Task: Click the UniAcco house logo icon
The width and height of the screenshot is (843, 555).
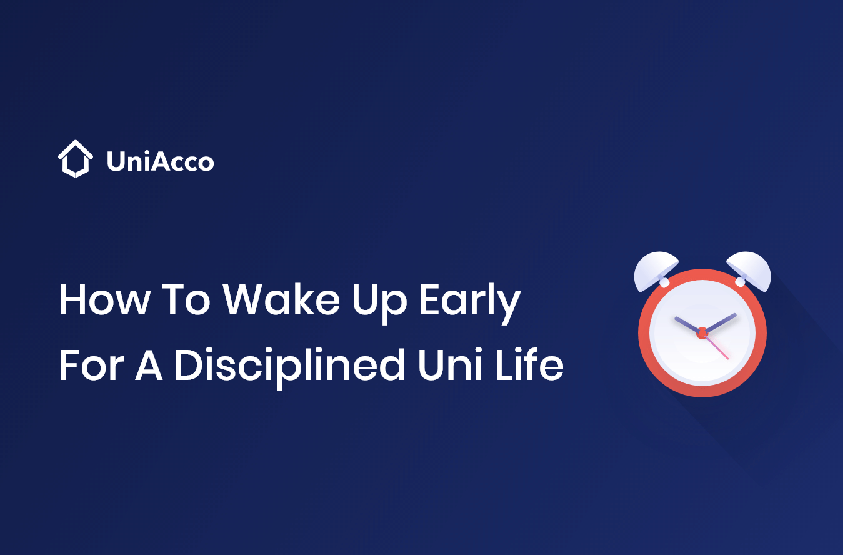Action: pyautogui.click(x=75, y=159)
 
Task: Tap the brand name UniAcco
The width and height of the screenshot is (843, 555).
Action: pyautogui.click(x=160, y=162)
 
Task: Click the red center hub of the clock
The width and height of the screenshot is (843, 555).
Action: pyautogui.click(x=702, y=332)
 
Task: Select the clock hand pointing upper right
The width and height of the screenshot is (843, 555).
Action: pyautogui.click(x=721, y=321)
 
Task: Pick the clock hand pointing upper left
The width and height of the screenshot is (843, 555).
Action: pyautogui.click(x=686, y=324)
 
